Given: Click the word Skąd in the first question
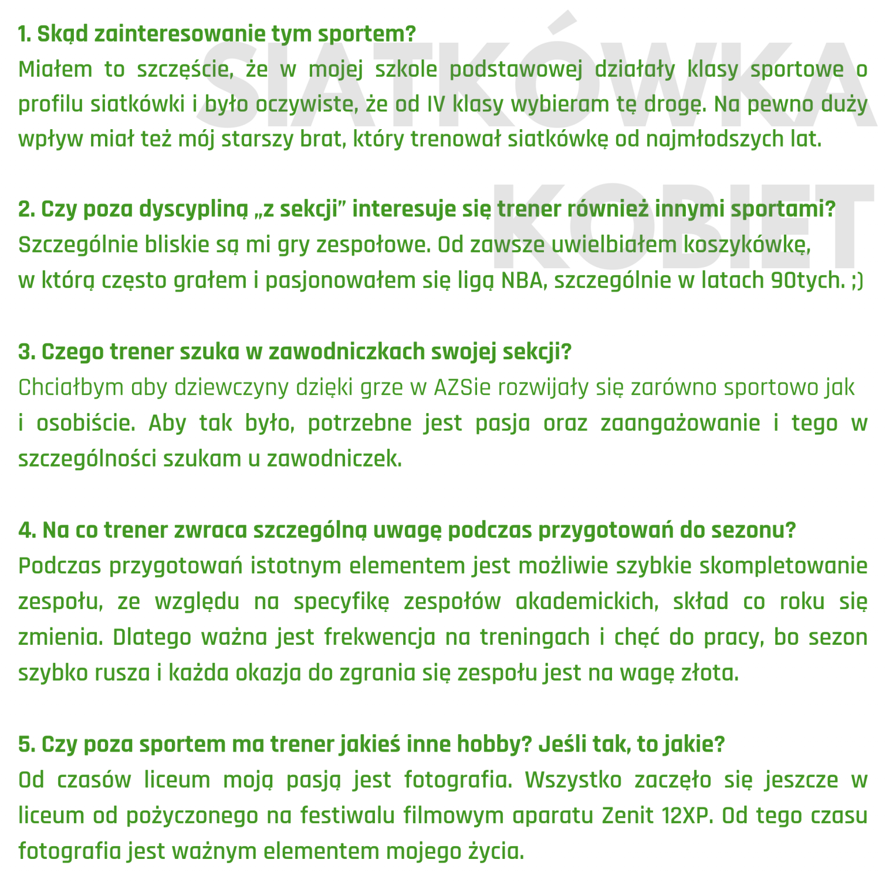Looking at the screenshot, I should point(62,35).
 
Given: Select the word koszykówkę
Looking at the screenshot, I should point(747,245).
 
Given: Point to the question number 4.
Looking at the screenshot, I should point(26,530).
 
